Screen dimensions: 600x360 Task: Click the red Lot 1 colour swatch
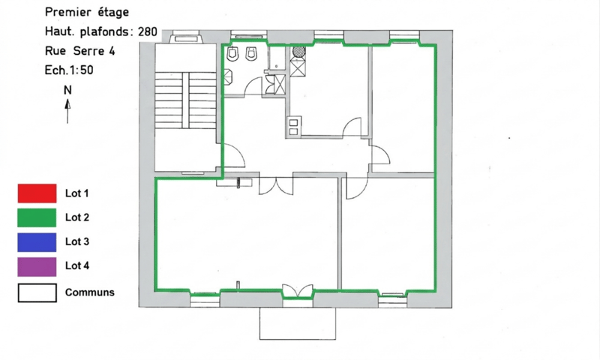[37, 193]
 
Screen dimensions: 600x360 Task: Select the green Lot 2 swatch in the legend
[37, 217]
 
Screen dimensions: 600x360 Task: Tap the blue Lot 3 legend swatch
[37, 242]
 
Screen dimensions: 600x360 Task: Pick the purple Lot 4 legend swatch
[37, 267]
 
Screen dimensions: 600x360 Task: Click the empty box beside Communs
[37, 293]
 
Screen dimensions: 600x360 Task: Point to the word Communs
[90, 292]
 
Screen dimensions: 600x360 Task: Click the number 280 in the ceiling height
[148, 31]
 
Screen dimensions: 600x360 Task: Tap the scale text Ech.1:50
[69, 70]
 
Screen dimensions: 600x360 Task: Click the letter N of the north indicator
[67, 90]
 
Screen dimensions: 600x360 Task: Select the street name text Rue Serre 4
[80, 51]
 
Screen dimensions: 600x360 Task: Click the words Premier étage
[87, 12]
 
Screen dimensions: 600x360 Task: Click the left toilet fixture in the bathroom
[232, 53]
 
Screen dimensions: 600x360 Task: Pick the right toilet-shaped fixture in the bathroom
[250, 53]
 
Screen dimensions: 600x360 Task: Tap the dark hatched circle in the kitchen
[298, 52]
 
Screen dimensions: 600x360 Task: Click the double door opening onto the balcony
[298, 292]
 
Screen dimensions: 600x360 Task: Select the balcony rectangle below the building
[298, 323]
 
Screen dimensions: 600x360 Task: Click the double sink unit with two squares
[293, 127]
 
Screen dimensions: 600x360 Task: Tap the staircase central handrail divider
[185, 100]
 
